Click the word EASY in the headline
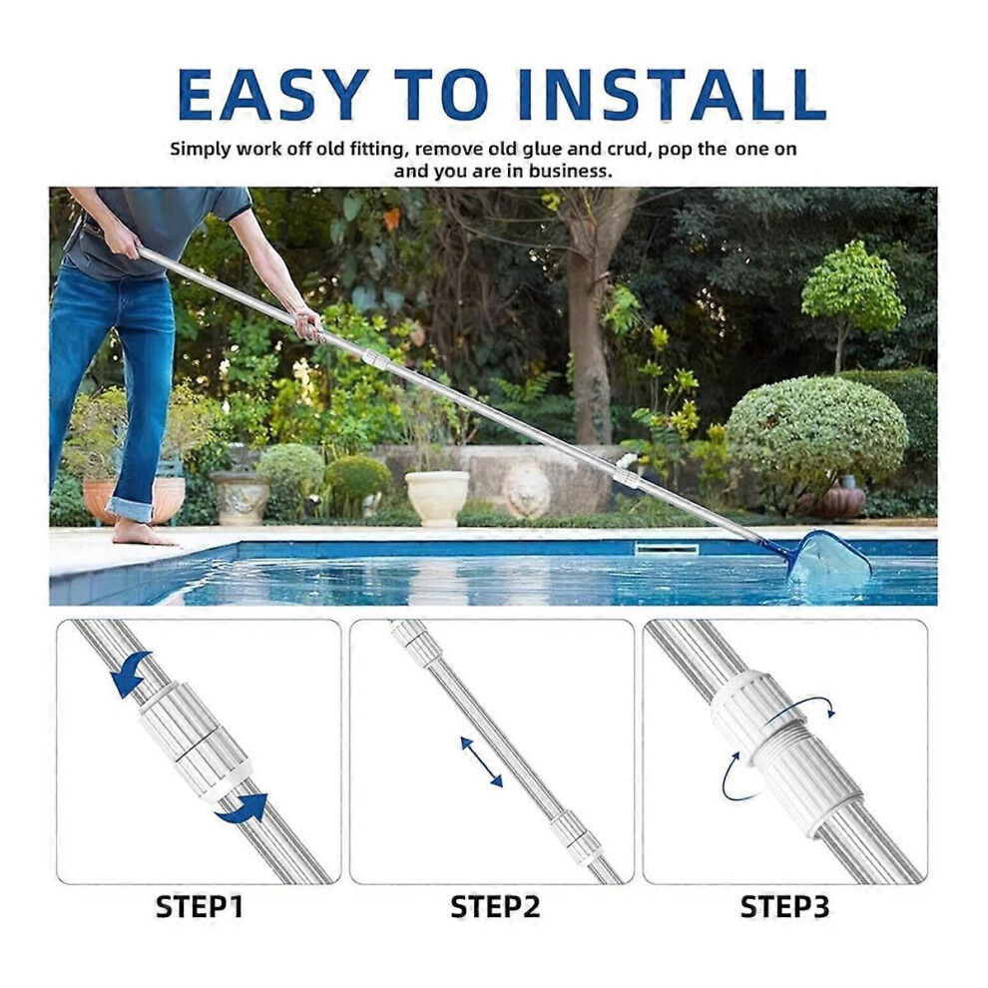272,95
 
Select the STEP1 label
200,907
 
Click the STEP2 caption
495,907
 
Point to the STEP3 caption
784,907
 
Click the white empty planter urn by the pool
437,498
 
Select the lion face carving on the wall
527,490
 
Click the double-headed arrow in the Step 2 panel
482,761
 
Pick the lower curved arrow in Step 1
243,809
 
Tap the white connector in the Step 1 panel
196,741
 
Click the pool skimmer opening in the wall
667,549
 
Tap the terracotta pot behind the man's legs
134,501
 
